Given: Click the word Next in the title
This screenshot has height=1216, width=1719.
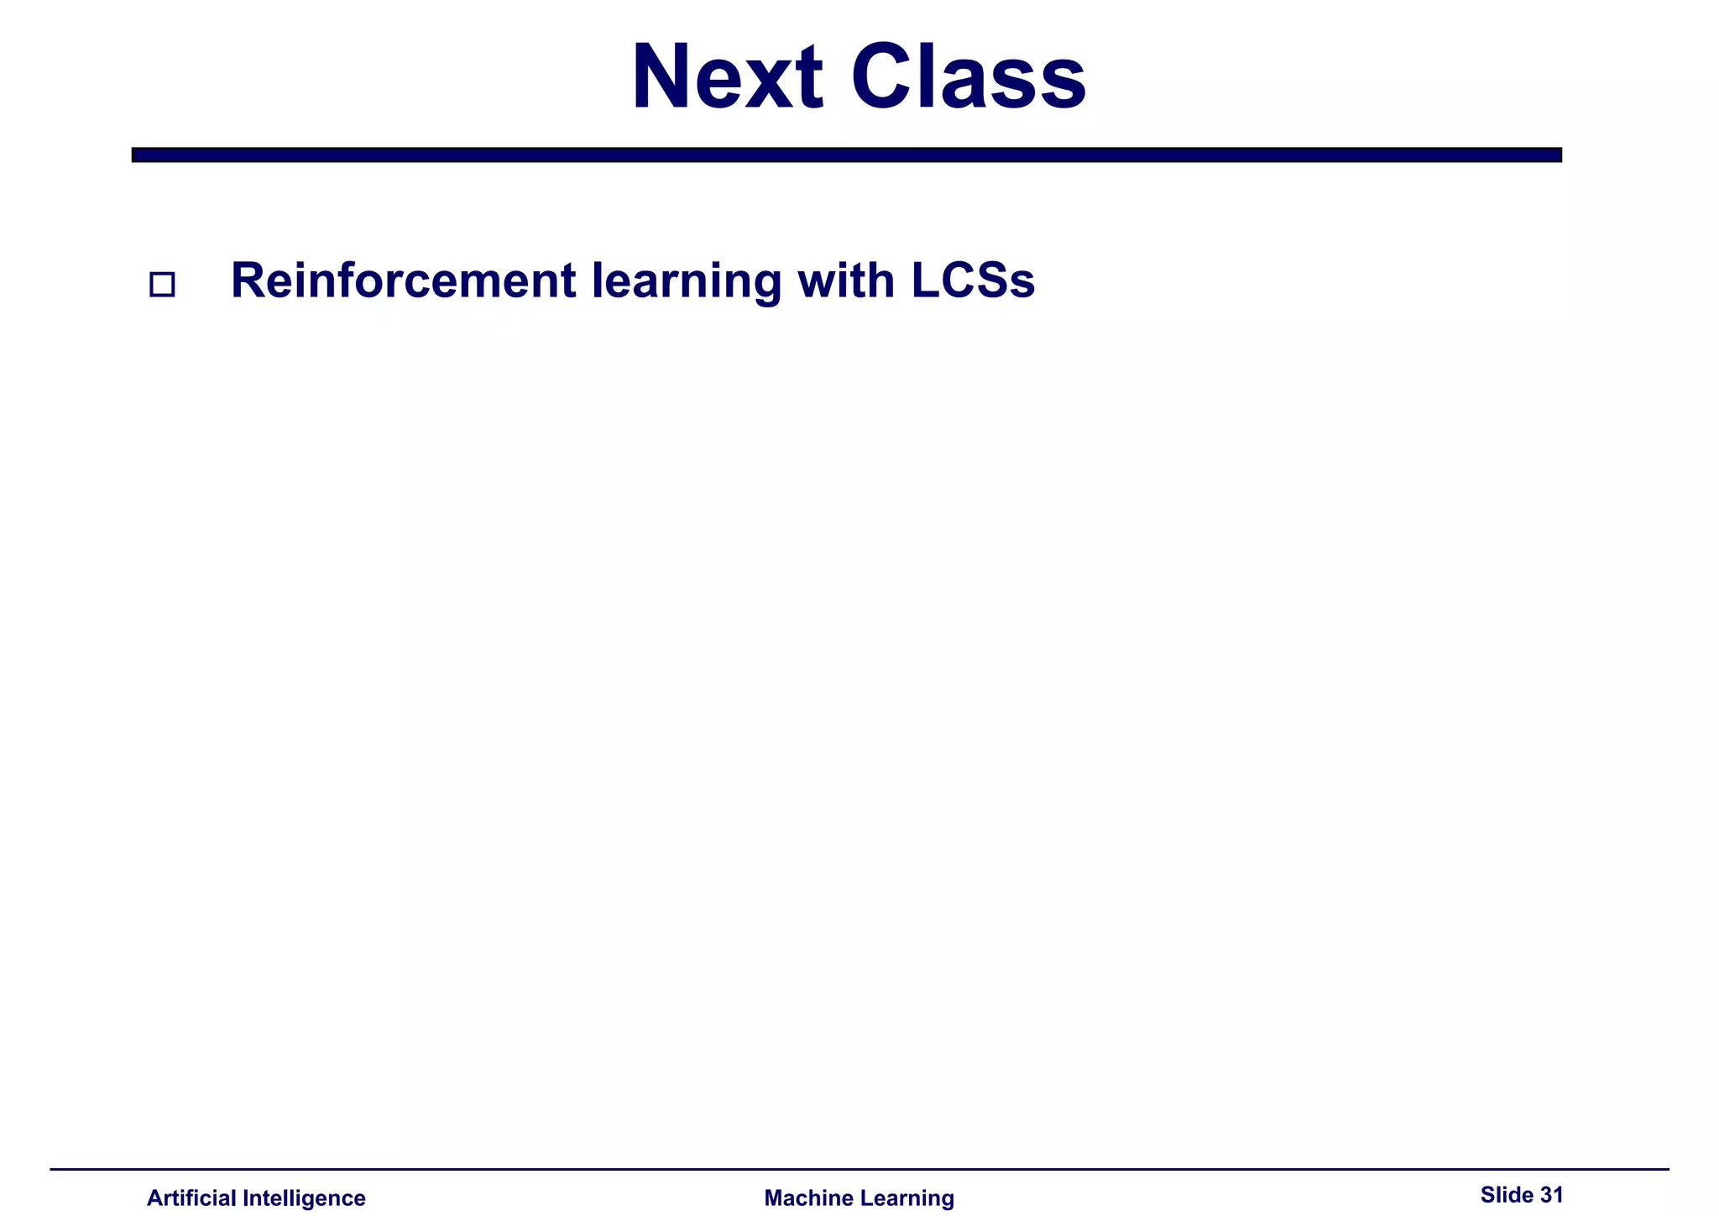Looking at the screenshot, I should pos(727,77).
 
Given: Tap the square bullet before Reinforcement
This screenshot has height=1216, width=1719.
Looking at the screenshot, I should pos(162,285).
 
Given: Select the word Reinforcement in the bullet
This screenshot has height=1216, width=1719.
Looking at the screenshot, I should pos(403,280).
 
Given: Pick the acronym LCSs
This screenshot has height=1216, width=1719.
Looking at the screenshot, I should pos(973,280).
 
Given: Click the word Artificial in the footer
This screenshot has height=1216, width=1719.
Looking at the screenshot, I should pos(192,1198).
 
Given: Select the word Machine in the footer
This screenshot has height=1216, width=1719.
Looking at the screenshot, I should pos(803,1198).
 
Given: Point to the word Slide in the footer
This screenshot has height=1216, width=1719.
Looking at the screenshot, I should pos(1507,1194).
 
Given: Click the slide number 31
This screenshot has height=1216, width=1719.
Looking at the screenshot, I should pos(1551,1194).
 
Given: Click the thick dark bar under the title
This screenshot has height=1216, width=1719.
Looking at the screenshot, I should pos(846,155).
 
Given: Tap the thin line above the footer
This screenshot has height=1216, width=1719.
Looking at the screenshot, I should pos(859,1168).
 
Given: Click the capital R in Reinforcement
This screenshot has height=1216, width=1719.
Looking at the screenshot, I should pos(248,280).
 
